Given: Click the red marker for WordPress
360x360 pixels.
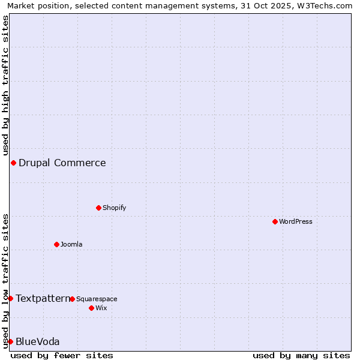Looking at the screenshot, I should tap(275, 221).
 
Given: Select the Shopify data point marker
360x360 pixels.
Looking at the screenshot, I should tap(98, 208).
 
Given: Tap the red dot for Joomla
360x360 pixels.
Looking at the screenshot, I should tap(56, 244).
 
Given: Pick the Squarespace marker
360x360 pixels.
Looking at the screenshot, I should tap(72, 299).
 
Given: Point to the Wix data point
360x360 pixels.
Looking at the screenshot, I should tap(91, 308).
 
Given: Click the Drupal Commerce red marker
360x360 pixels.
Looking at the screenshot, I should tap(13, 163).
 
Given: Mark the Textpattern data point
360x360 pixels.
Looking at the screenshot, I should tap(10, 298).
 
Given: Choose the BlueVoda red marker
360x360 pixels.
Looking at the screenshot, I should tap(10, 341).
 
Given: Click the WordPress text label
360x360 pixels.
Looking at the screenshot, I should tap(296, 221).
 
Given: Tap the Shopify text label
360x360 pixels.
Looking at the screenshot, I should tap(114, 208).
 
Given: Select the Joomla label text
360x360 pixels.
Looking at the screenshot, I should tap(71, 244).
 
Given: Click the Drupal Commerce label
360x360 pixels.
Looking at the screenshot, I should tap(62, 163).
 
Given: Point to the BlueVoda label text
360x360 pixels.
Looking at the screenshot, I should tap(37, 341).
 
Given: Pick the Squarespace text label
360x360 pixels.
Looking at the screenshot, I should tap(97, 299).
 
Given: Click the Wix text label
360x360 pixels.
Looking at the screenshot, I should tap(101, 308).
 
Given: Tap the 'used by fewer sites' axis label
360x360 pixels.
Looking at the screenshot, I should tap(62, 355).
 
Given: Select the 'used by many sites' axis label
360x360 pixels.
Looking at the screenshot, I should tap(301, 355).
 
